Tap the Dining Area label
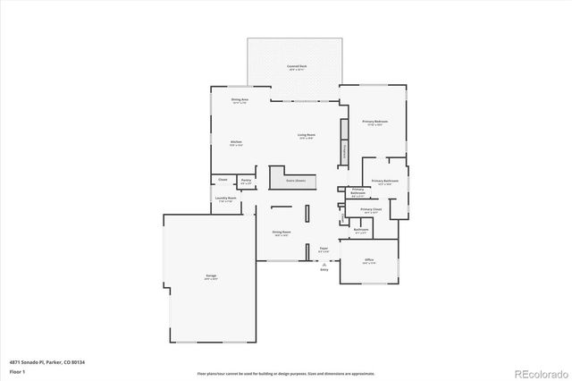click(239, 100)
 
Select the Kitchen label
click(236, 142)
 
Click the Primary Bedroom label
click(374, 122)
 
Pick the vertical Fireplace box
click(344, 151)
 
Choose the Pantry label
click(246, 182)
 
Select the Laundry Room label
click(226, 199)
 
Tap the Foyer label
click(324, 250)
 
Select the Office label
click(369, 261)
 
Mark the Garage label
click(211, 277)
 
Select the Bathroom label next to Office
click(361, 230)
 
